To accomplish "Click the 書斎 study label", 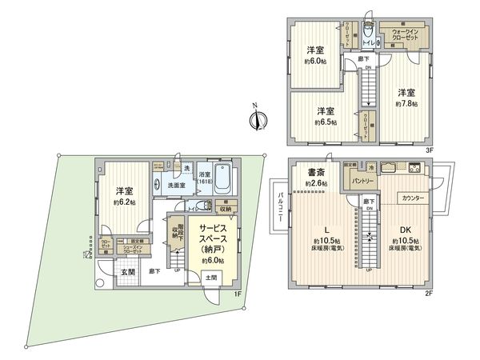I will [312, 172].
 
